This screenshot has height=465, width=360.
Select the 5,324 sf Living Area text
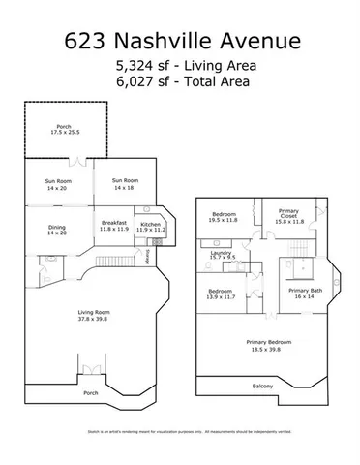pos(180,65)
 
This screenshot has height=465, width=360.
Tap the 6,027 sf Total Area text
pos(180,82)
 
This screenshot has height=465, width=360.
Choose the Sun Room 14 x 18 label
pos(125,183)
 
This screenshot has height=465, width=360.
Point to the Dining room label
pos(57,230)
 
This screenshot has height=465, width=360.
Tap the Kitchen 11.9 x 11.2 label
pos(152,227)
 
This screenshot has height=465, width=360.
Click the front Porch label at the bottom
pos(91,392)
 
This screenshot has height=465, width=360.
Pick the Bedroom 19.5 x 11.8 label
pos(225,216)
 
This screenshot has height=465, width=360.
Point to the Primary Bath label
pos(304,294)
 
